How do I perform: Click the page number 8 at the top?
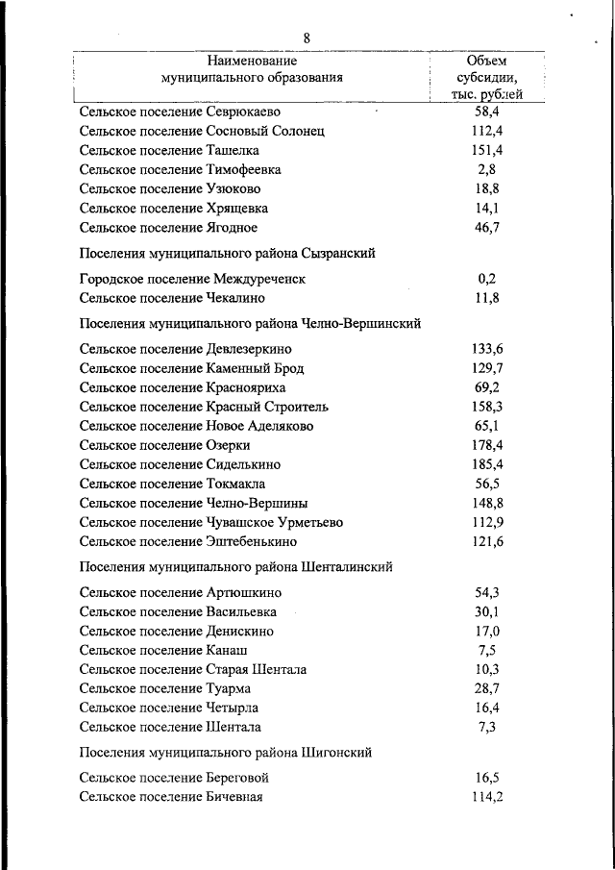click(307, 38)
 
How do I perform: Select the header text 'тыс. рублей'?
click(487, 94)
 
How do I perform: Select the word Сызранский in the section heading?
click(334, 253)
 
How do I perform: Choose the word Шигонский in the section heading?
click(335, 753)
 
